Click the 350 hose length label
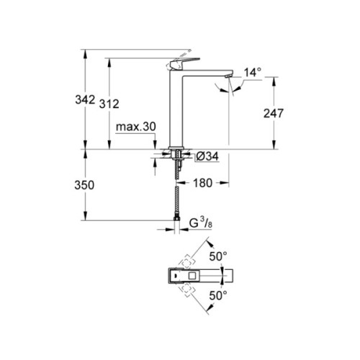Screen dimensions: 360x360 (x=86, y=185)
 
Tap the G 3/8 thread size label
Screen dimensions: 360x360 (x=199, y=225)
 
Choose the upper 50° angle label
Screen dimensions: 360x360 (x=218, y=256)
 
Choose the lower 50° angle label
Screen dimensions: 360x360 (x=218, y=294)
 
